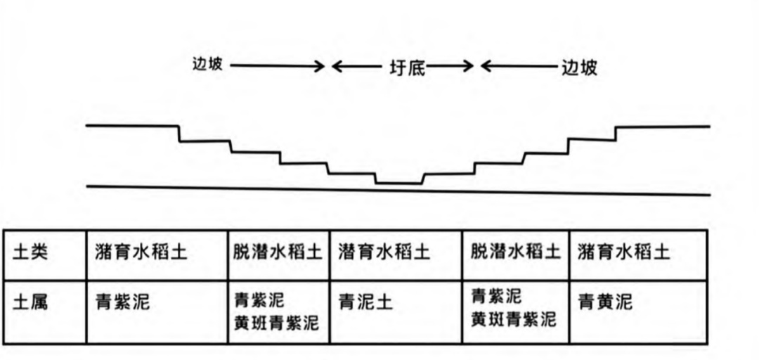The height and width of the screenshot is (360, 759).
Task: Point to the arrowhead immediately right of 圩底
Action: (x=468, y=67)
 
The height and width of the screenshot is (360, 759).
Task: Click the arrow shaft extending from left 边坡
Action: (x=274, y=67)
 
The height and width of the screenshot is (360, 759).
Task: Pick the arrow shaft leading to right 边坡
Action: (x=524, y=67)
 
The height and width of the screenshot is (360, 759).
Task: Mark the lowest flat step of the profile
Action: (x=398, y=184)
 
